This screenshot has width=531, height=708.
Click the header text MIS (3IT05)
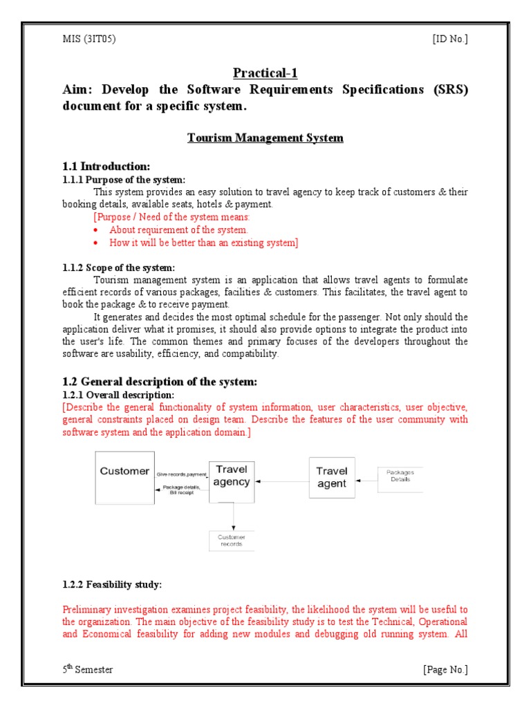pyautogui.click(x=89, y=39)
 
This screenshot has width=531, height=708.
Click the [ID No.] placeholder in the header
pyautogui.click(x=450, y=39)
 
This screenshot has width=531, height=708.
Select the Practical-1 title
pyautogui.click(x=265, y=73)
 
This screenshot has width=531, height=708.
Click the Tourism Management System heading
pyautogui.click(x=265, y=138)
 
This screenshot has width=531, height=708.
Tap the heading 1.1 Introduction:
pyautogui.click(x=106, y=167)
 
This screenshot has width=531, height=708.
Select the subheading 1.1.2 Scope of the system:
pyautogui.click(x=119, y=268)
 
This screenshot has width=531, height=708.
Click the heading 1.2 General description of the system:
pyautogui.click(x=159, y=382)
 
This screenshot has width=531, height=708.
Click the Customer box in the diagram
pyautogui.click(x=124, y=477)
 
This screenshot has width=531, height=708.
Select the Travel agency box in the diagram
pyautogui.click(x=231, y=476)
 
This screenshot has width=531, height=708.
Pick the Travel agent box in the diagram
pyautogui.click(x=331, y=477)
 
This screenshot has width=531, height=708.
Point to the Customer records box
pyautogui.click(x=232, y=541)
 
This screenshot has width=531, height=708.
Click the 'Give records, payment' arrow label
pyautogui.click(x=181, y=474)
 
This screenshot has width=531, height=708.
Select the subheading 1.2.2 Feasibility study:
pyautogui.click(x=112, y=585)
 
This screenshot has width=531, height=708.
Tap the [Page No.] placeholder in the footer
pyautogui.click(x=445, y=669)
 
